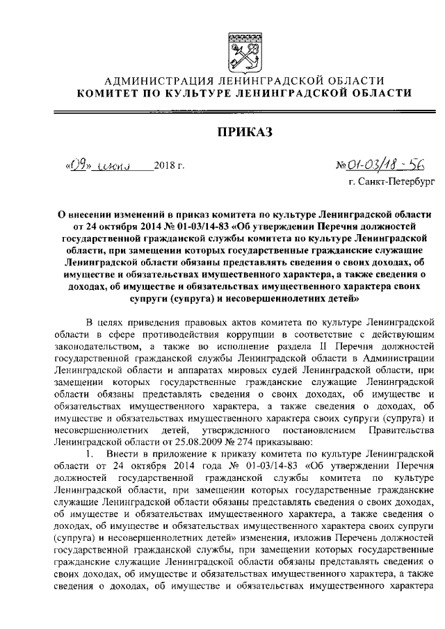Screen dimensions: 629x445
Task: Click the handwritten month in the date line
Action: tap(111, 165)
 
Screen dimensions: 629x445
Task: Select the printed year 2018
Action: tap(165, 166)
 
